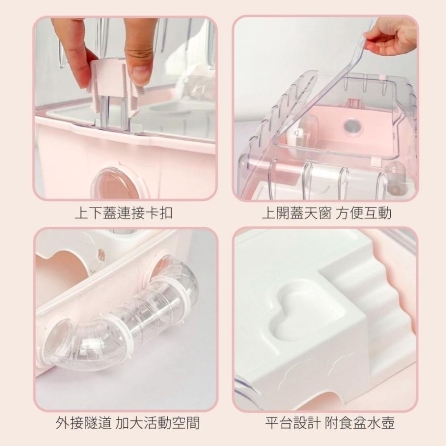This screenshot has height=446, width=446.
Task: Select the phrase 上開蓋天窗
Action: pos(297,214)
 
